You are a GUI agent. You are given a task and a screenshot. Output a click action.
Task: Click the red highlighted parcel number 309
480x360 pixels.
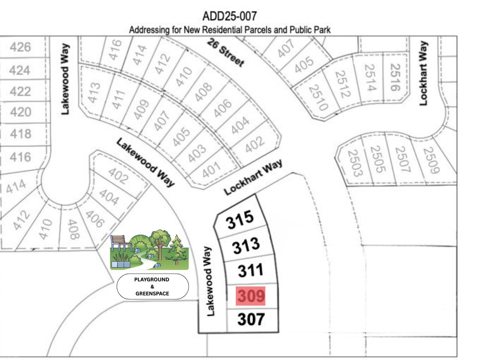pos(250,296)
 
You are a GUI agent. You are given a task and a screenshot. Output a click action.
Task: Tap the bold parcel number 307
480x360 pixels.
pos(251,319)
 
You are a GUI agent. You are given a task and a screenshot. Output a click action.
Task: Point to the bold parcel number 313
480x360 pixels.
pos(246,245)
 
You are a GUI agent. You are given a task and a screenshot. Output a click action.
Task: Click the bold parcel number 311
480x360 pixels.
pos(250,270)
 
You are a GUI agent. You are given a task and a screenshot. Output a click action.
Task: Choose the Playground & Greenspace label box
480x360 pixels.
pos(152,286)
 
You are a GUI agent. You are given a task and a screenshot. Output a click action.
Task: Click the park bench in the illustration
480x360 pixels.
pos(121,243)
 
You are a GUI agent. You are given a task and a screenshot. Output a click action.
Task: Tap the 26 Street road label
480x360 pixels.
pos(226,52)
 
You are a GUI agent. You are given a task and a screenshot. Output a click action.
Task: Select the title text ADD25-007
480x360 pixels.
pos(229,16)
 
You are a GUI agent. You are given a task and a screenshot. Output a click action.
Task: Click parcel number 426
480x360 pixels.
pos(20,47)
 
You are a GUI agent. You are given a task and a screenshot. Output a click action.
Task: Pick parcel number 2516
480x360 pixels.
pos(395,77)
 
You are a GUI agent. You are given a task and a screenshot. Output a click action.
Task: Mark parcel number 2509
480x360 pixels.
pos(431,160)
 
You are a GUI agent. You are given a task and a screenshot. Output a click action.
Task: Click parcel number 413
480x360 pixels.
pos(94,92)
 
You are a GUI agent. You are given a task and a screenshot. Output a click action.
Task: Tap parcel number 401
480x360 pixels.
pos(211,170)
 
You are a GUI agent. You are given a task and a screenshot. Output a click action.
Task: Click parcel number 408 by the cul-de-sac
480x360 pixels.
pos(73,229)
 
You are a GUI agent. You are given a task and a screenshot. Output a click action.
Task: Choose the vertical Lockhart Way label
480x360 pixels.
pos(423,73)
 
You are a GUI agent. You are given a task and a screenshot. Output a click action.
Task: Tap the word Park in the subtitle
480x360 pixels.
pos(322,30)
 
